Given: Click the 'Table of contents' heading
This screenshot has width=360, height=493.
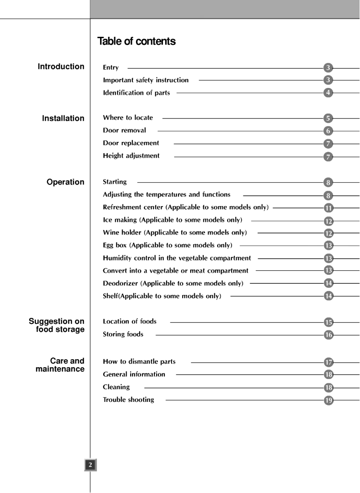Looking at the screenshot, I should click(136, 42).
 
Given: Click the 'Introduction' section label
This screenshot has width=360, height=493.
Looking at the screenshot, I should click(61, 66).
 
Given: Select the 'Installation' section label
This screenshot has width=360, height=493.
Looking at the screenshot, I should click(63, 119).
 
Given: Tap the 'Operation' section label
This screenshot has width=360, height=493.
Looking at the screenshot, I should click(66, 182).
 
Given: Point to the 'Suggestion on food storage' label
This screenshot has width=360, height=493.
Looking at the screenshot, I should click(57, 325).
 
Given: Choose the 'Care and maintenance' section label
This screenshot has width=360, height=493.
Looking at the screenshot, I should click(60, 365).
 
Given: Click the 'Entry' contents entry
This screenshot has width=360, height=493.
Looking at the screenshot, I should click(111, 68).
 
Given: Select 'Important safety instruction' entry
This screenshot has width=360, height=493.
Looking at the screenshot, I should click(146, 80).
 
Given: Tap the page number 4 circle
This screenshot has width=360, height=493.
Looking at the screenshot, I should click(329, 93).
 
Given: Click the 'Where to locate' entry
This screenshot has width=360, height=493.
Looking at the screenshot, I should click(128, 118).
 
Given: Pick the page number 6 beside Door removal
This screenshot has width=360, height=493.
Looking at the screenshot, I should click(329, 131).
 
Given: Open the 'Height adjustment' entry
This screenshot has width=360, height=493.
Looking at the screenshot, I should click(131, 156).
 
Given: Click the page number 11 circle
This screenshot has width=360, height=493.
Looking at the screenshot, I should click(329, 207).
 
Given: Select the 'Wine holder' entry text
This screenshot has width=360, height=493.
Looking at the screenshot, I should click(175, 233).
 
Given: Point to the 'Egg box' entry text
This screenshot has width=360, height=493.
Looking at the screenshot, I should click(167, 246).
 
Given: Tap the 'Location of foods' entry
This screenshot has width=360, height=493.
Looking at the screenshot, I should click(130, 321).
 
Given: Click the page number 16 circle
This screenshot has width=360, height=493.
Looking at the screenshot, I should click(329, 335).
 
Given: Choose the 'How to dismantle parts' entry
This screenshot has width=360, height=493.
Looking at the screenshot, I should click(139, 361).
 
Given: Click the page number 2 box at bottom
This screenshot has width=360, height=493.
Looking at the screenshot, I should click(90, 465).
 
